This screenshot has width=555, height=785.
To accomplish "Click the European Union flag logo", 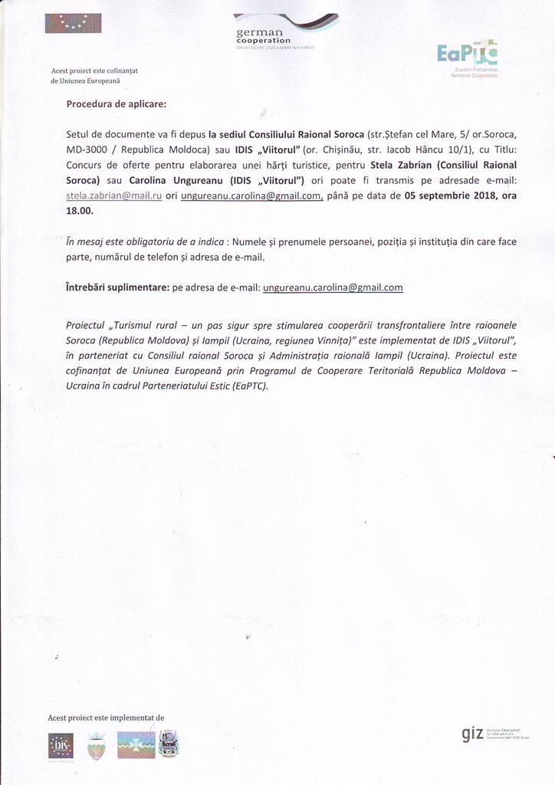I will click(x=73, y=24).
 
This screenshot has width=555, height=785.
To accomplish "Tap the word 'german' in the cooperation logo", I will click(x=260, y=31).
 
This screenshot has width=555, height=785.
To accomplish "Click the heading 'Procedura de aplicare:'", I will click(x=117, y=103).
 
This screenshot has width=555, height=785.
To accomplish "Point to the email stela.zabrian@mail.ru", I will click(x=114, y=195).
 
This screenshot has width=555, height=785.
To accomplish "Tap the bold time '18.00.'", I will click(x=80, y=211).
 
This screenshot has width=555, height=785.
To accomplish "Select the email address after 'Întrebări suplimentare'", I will click(x=333, y=287).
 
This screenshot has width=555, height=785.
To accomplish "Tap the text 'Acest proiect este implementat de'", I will click(x=106, y=718).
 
